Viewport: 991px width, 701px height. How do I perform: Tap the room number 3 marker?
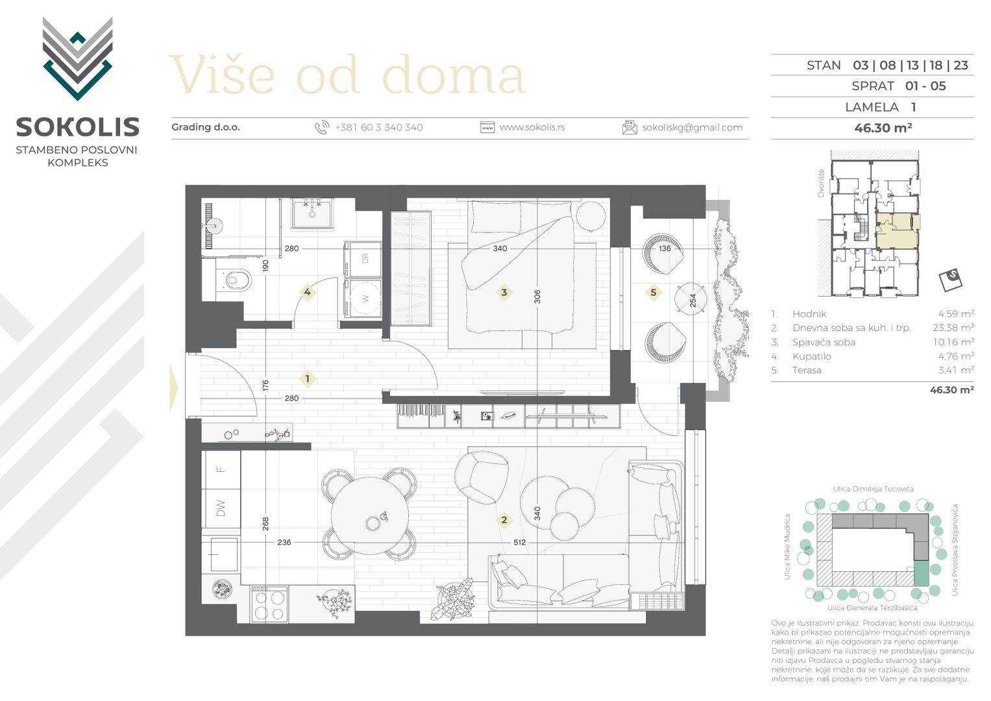[504, 292]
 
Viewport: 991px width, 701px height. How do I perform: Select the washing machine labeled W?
[363, 298]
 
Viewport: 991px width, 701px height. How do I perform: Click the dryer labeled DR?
[363, 258]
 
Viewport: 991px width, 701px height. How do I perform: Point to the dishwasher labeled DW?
[221, 508]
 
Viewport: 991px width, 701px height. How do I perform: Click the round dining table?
[370, 515]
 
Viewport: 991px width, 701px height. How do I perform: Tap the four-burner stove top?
[269, 604]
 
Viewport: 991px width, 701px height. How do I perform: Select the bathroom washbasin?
[312, 213]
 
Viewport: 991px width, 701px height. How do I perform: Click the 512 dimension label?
[519, 542]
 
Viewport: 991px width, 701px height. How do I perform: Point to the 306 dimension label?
[537, 297]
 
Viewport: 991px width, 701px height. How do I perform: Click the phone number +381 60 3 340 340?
[379, 127]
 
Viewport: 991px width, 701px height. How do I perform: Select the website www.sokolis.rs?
[532, 127]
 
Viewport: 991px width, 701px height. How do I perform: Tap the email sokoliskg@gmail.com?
[692, 127]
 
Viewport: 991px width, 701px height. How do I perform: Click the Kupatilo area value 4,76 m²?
[956, 356]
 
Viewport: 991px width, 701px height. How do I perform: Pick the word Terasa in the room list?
[807, 371]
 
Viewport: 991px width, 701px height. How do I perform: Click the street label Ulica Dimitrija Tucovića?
[874, 489]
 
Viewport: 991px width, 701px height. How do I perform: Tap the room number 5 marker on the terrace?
[654, 292]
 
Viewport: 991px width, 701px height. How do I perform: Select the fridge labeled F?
[221, 469]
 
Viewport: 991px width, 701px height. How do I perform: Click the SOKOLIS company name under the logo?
[78, 127]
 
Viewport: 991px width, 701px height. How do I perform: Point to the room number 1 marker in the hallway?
[308, 379]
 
